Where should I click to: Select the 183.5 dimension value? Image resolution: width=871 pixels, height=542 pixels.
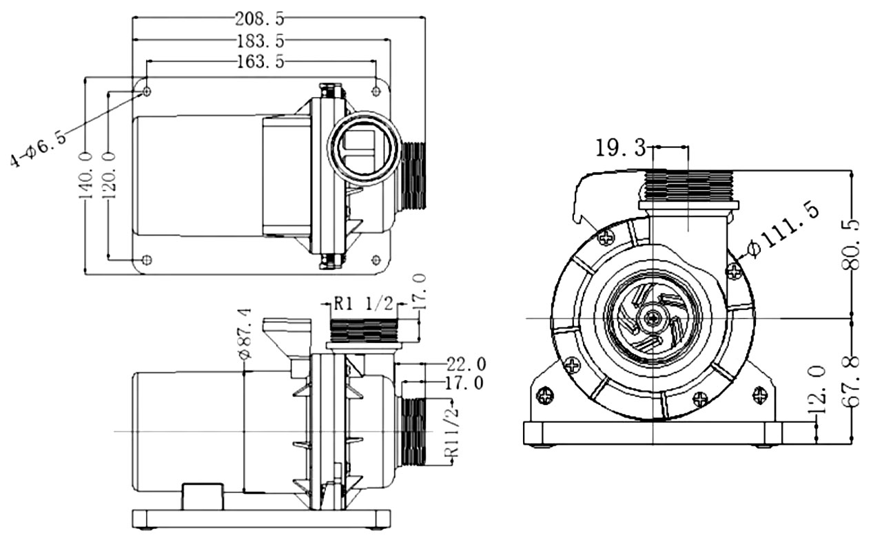point(260,40)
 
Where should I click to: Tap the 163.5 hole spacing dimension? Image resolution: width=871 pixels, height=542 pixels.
point(260,61)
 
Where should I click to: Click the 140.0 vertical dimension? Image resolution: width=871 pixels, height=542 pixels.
point(87,176)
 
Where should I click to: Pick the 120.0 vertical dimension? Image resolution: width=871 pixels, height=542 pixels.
point(110,176)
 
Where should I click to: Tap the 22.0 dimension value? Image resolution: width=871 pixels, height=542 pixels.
point(467,363)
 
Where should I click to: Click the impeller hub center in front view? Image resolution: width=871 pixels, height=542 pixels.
point(651,318)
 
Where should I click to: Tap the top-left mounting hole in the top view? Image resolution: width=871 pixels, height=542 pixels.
point(147,91)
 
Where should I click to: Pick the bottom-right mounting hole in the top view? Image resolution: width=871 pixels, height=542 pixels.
point(376,260)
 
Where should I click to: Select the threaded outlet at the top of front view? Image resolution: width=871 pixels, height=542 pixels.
point(689,185)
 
